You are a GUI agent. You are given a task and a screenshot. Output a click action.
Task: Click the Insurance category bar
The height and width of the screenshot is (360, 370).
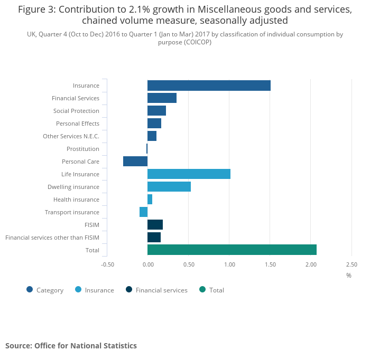click(x=209, y=86)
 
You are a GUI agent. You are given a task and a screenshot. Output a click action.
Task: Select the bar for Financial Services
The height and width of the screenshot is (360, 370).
click(x=162, y=98)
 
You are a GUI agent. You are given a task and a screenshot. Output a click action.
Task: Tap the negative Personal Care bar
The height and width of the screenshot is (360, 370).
click(x=135, y=162)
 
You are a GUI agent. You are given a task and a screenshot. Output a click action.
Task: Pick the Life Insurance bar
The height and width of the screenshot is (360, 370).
click(x=189, y=174)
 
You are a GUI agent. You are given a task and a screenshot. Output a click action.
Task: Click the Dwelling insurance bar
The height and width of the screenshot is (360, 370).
click(x=169, y=187)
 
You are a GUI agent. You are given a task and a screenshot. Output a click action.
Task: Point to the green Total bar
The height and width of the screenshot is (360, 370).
click(x=232, y=250)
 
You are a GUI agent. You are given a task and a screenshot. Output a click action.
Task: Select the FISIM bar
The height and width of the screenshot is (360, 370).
click(x=155, y=225)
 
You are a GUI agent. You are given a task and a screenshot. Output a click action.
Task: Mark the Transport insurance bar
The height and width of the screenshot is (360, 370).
click(x=143, y=212)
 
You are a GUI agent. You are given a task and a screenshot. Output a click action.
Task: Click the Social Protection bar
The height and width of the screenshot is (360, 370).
click(x=156, y=111)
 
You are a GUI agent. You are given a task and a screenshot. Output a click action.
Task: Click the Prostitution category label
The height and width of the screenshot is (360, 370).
click(x=82, y=149)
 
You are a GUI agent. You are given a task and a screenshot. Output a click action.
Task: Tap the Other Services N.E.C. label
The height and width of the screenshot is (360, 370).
click(x=71, y=136)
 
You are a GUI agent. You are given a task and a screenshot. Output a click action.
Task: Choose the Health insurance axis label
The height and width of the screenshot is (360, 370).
click(x=76, y=200)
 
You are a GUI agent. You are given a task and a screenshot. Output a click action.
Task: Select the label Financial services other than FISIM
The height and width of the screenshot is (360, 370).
click(x=52, y=238)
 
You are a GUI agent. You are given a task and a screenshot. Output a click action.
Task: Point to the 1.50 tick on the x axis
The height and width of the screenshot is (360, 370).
click(x=270, y=264)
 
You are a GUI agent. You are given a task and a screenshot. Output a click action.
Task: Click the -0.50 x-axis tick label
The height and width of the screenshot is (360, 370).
click(x=107, y=264)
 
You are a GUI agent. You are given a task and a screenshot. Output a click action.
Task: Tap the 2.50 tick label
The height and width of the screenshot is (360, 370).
click(x=351, y=264)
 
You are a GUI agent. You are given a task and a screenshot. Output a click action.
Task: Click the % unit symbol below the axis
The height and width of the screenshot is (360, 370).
click(x=349, y=275)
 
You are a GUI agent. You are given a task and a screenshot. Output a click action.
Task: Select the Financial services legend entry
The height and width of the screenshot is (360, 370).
click(x=161, y=290)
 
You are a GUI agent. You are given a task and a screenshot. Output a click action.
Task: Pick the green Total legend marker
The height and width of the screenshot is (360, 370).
click(x=202, y=289)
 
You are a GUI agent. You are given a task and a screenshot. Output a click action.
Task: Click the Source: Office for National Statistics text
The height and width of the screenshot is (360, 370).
click(x=71, y=346)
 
